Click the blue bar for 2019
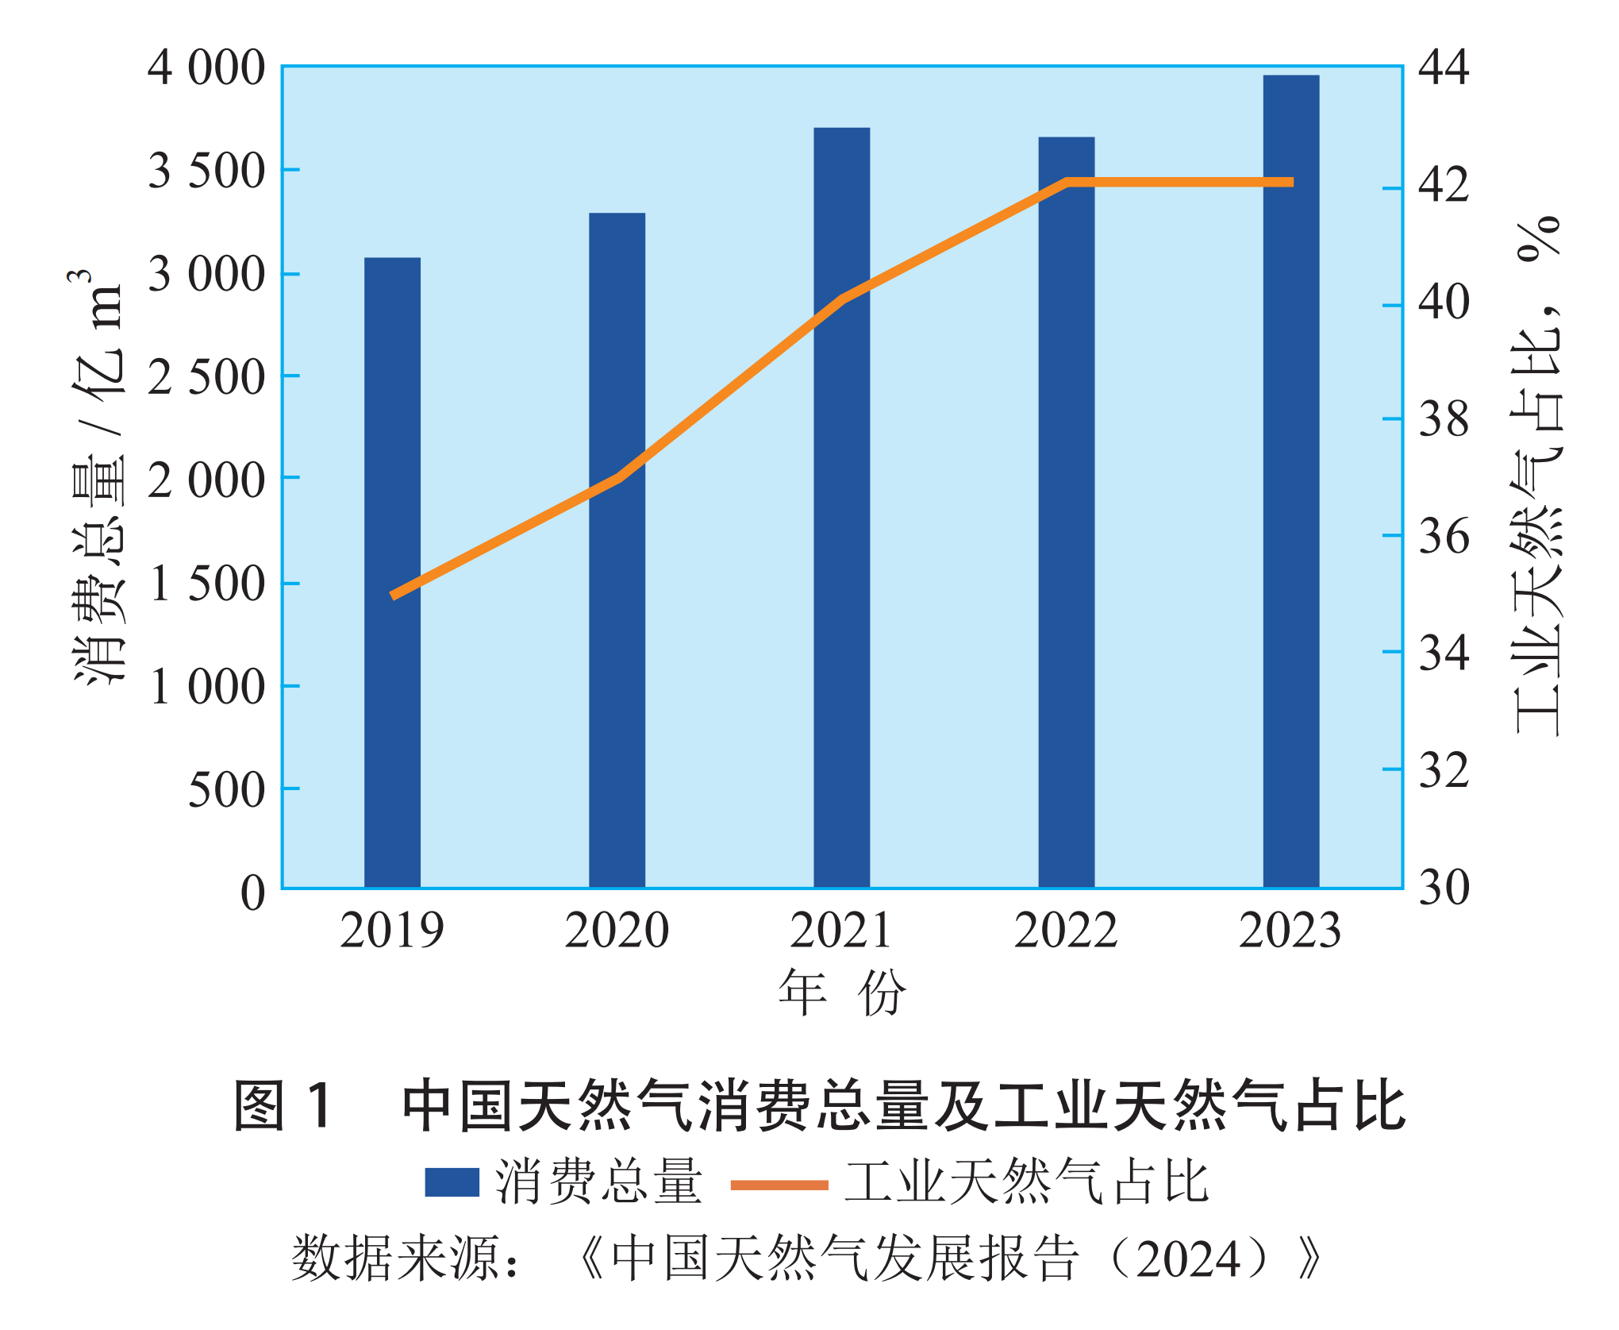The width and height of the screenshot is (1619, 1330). click(x=392, y=572)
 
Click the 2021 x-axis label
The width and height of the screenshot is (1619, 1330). click(x=841, y=931)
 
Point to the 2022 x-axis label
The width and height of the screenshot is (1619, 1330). click(x=1066, y=931)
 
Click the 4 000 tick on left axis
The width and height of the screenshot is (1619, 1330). click(x=206, y=68)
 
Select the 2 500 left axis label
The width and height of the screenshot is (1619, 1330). click(x=206, y=377)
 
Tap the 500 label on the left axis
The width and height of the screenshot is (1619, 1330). click(x=226, y=790)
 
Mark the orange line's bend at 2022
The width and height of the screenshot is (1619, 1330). click(x=1067, y=183)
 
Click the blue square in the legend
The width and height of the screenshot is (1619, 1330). click(x=452, y=1182)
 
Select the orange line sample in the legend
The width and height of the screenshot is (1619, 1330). click(x=779, y=1185)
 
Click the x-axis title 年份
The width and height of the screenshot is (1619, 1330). click(x=841, y=993)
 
